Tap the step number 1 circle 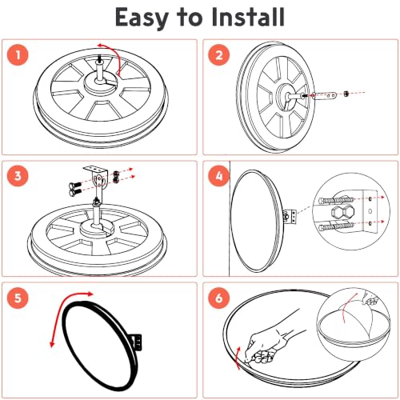tap(18, 55)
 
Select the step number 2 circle tap(218, 55)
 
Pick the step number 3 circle tap(18, 176)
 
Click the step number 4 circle tap(218, 176)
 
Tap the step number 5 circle tap(18, 298)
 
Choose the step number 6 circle tap(218, 298)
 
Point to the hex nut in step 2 tap(346, 94)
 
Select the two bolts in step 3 tap(75, 188)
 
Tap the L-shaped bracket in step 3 tap(97, 176)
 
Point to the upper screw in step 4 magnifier tap(336, 200)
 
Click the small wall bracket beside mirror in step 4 tap(290, 217)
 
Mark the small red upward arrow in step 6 tap(238, 358)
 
